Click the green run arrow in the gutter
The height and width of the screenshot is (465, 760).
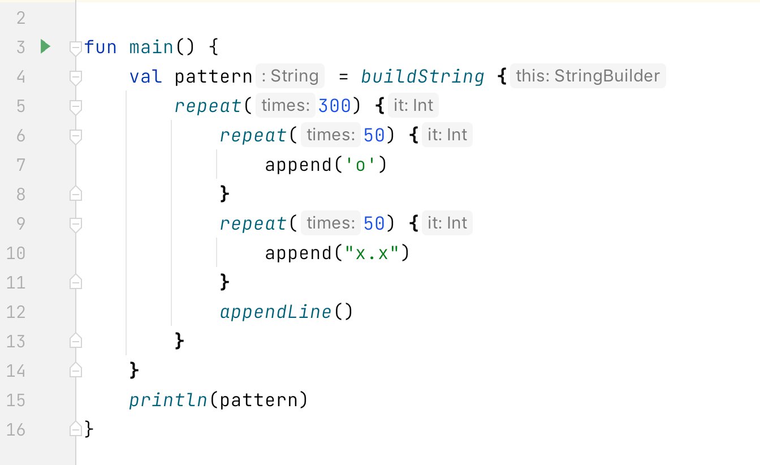click(46, 46)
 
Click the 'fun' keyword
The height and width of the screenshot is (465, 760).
click(101, 46)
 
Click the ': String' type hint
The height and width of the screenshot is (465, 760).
click(290, 76)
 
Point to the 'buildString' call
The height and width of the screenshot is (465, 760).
click(423, 76)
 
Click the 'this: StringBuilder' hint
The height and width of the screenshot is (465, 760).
click(588, 76)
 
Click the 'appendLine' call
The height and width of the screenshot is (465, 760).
click(275, 312)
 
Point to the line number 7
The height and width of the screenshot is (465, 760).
click(20, 165)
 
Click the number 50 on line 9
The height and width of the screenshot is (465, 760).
click(374, 223)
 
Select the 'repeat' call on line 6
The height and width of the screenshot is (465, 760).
click(253, 135)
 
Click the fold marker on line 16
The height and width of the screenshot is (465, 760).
click(75, 429)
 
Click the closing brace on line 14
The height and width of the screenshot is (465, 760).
click(135, 371)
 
